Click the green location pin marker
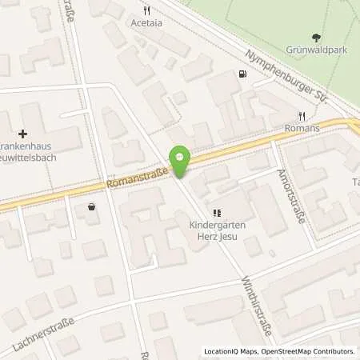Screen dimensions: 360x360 (181, 162)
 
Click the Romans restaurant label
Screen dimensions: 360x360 (302, 128)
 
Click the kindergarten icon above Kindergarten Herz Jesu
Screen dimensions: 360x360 (216, 212)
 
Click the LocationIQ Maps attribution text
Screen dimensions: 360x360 (230, 351)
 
